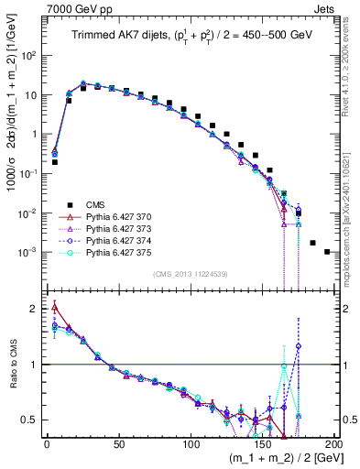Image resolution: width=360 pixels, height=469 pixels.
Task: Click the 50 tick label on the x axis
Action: coord(118,443)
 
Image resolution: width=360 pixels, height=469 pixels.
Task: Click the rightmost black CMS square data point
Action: coord(327,251)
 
